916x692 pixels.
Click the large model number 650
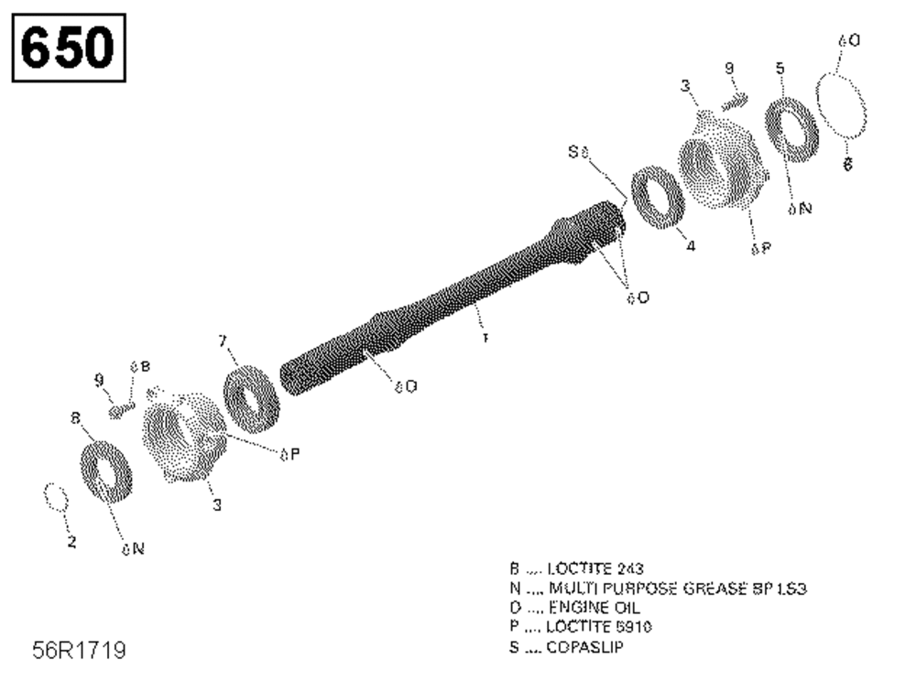[x=68, y=47]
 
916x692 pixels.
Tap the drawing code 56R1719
[x=79, y=651]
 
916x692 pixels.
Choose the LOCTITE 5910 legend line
[x=585, y=626]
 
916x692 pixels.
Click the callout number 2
[x=71, y=543]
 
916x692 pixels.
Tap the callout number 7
[x=223, y=341]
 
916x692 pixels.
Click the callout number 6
[x=847, y=165]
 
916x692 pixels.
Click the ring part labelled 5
[x=791, y=129]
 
